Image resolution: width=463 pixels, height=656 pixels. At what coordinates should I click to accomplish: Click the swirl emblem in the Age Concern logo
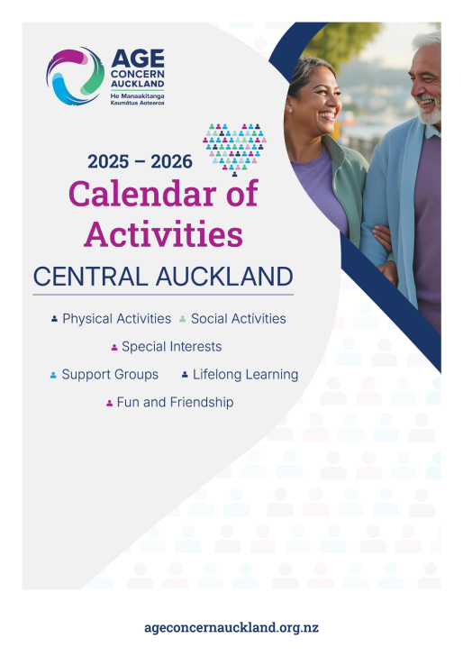76,76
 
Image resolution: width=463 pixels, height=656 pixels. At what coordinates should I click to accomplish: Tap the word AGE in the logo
138,59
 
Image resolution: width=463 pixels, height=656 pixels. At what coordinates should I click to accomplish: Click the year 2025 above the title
108,161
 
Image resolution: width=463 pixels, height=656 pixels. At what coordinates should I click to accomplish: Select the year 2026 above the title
171,161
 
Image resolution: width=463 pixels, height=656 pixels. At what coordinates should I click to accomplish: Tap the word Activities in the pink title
163,233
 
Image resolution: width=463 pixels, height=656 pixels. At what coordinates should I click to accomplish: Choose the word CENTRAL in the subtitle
91,277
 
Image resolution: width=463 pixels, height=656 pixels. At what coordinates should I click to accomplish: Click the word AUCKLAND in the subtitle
224,277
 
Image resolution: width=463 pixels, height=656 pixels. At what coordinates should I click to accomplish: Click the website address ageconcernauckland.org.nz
231,627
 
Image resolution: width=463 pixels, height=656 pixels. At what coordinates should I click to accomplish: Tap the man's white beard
429,111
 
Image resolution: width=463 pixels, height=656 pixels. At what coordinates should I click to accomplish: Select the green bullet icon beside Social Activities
182,319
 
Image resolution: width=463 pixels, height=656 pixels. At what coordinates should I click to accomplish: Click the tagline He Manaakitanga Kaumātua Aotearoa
137,99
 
